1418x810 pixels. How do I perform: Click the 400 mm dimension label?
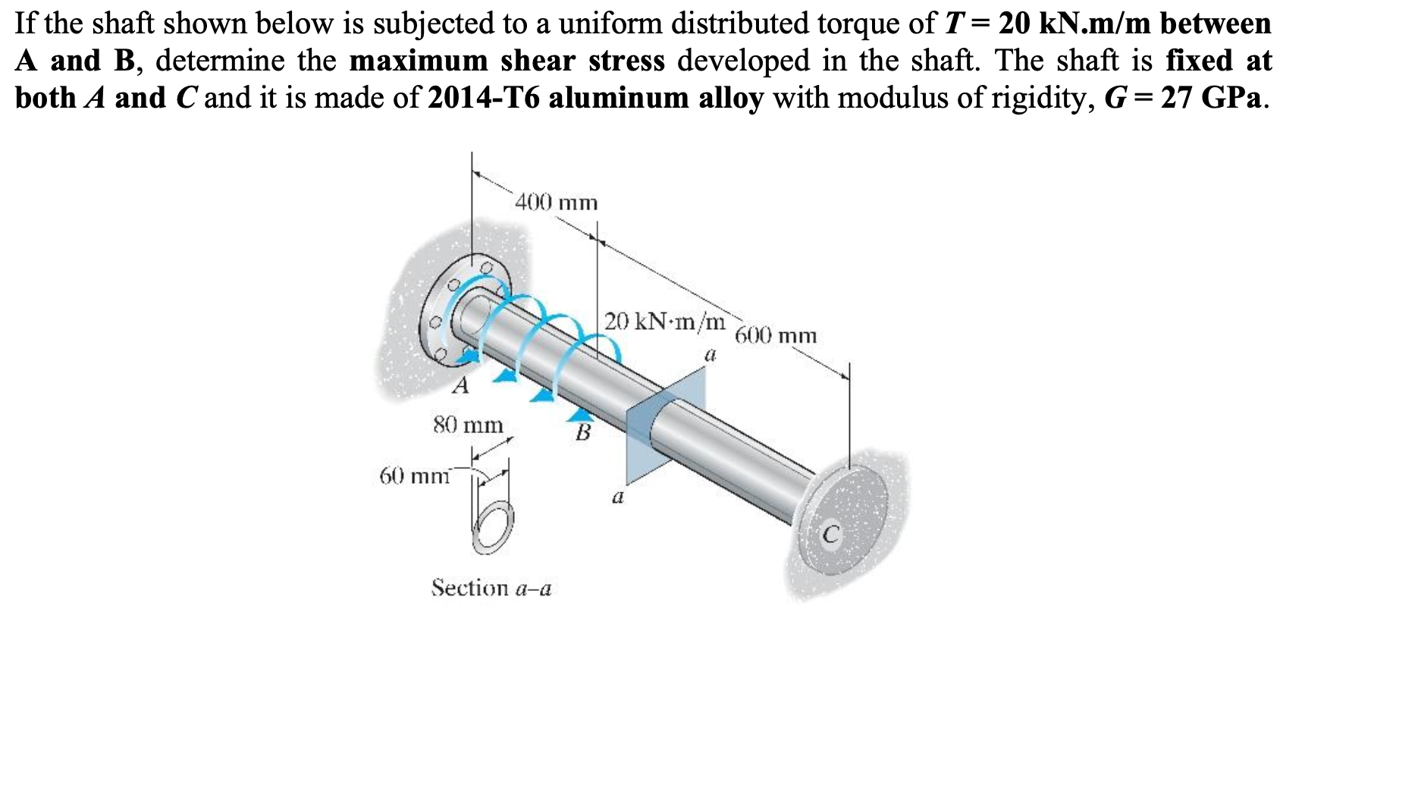pyautogui.click(x=557, y=203)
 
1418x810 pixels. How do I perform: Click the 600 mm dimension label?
pyautogui.click(x=776, y=336)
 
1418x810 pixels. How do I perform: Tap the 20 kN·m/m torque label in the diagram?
pyautogui.click(x=664, y=322)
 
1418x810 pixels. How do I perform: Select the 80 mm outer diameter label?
pyautogui.click(x=468, y=425)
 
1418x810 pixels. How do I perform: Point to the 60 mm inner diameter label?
pyautogui.click(x=414, y=476)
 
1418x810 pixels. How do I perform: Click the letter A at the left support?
pyautogui.click(x=460, y=387)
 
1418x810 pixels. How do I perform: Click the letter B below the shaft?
pyautogui.click(x=582, y=434)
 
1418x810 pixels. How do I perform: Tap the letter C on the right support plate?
pyautogui.click(x=831, y=535)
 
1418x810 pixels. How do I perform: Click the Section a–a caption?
pyautogui.click(x=491, y=588)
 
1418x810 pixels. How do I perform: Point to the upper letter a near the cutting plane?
pyautogui.click(x=710, y=354)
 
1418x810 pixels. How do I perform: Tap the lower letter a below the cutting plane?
pyautogui.click(x=617, y=498)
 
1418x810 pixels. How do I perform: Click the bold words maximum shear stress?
pyautogui.click(x=507, y=61)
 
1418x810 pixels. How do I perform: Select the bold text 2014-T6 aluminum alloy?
pyautogui.click(x=595, y=99)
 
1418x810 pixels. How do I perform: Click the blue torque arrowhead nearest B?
pyautogui.click(x=580, y=413)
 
